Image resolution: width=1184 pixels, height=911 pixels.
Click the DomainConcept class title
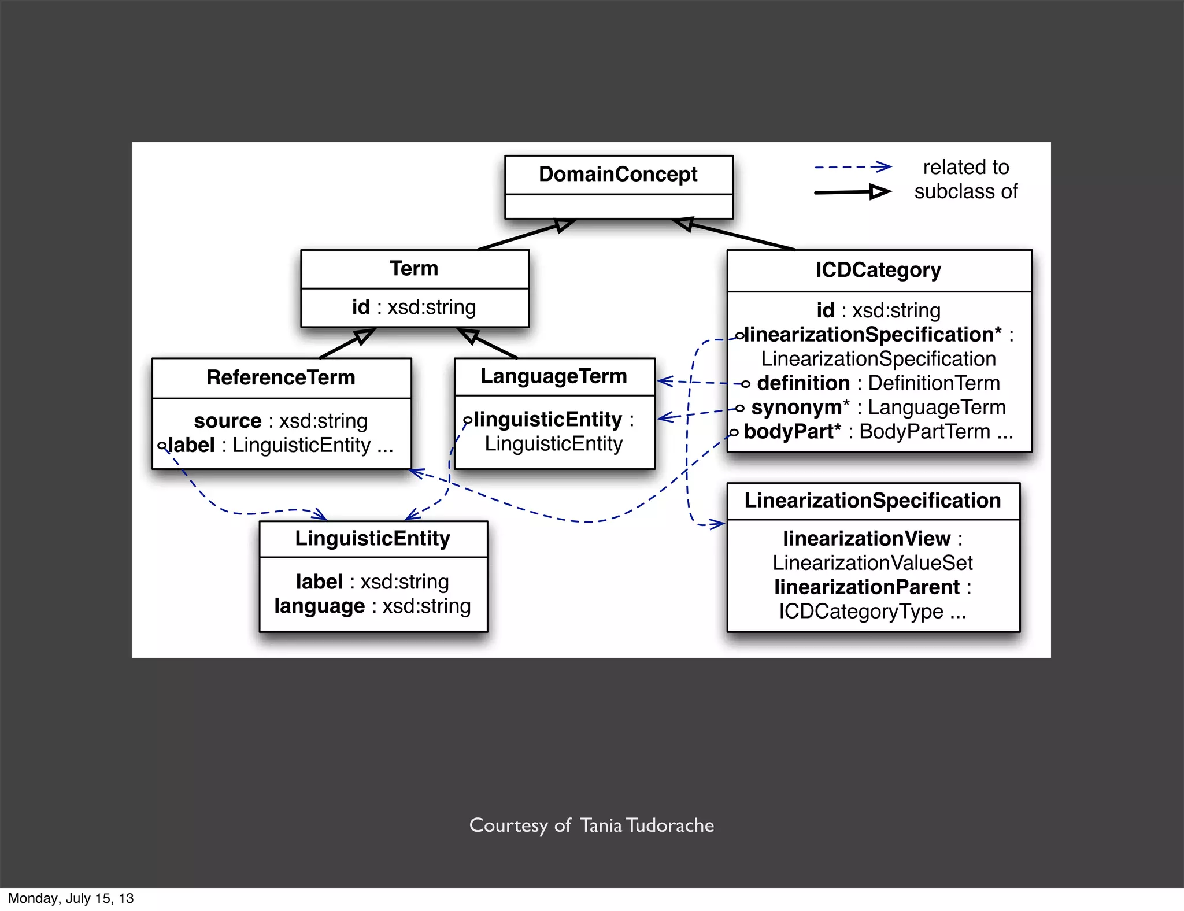click(618, 174)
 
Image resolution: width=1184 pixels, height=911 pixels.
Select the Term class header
click(414, 269)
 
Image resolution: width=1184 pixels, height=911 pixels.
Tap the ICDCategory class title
click(878, 270)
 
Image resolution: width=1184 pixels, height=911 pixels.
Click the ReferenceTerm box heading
click(281, 377)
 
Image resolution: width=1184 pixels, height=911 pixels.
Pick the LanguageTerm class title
click(554, 376)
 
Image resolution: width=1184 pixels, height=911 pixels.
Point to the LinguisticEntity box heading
click(373, 538)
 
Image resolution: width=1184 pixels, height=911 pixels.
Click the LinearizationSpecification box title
click(872, 501)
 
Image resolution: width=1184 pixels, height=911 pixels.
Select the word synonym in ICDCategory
click(796, 408)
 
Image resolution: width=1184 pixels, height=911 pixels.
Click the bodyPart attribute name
click(791, 432)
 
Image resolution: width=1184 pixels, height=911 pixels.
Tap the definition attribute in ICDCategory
click(803, 383)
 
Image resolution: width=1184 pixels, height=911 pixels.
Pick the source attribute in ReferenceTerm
click(228, 421)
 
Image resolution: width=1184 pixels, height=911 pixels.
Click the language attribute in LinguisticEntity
click(320, 606)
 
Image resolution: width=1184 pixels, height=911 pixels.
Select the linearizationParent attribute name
click(867, 587)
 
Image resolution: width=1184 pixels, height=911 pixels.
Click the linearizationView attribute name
click(867, 539)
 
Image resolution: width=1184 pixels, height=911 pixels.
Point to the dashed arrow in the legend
click(853, 167)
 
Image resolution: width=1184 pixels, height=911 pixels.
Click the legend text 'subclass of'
click(965, 191)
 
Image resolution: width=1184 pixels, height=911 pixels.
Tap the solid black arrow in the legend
click(853, 192)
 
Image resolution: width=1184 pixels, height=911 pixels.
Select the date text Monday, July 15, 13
click(71, 898)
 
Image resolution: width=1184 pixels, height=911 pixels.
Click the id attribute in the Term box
click(361, 308)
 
